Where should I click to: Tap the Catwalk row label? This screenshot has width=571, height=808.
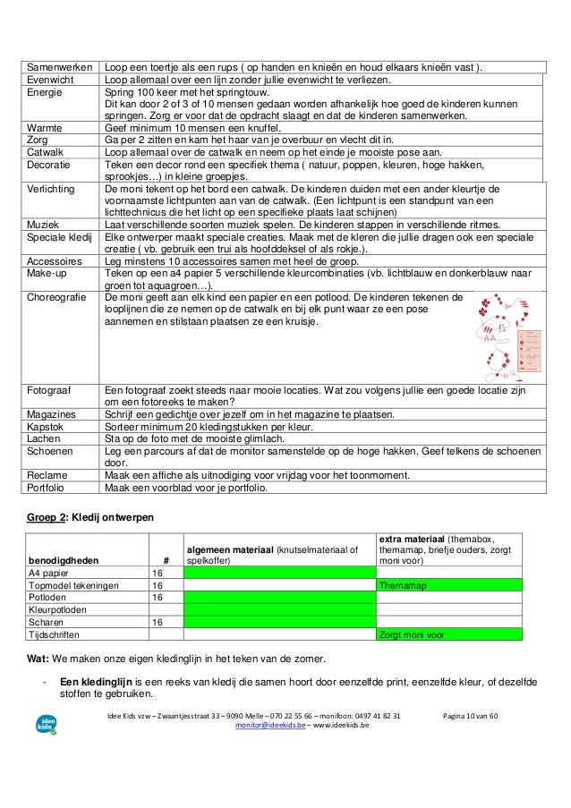(x=46, y=153)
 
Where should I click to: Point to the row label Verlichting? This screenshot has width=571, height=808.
(x=52, y=190)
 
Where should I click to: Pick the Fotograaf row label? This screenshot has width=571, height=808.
(x=52, y=391)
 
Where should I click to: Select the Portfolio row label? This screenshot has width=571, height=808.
(x=48, y=488)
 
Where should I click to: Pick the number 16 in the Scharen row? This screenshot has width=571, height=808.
(x=158, y=621)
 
